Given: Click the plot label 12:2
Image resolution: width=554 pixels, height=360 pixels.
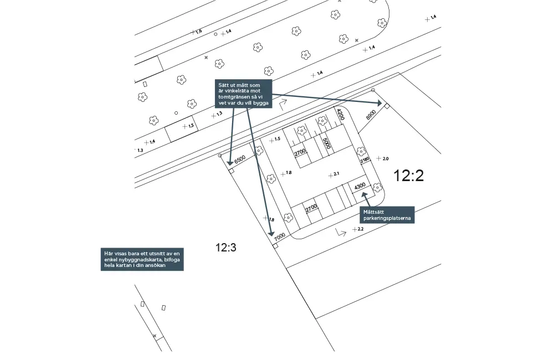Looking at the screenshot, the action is tap(408, 176).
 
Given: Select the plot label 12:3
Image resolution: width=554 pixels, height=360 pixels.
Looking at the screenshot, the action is tap(226, 248).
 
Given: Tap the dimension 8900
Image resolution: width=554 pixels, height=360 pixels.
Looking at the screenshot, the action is tap(371, 115).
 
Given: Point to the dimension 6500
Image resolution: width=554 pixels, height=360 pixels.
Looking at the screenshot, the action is tap(239, 160).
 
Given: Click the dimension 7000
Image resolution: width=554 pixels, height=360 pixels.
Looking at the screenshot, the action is tap(279, 236).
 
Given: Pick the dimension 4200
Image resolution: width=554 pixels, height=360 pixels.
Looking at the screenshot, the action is tap(341, 115).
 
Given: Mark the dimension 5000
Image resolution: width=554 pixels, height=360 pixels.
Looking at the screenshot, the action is tap(326, 143).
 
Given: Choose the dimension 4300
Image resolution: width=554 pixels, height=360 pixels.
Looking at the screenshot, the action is tap(360, 186).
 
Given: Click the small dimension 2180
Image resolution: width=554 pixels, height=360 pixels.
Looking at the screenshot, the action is tap(365, 160).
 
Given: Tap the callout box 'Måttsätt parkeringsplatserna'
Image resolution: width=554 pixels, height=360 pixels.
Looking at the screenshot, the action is tap(387, 215).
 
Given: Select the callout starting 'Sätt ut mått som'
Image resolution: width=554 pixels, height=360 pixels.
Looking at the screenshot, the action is tap(243, 94).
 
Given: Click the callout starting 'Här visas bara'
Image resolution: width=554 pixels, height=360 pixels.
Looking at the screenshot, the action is tap(142, 259).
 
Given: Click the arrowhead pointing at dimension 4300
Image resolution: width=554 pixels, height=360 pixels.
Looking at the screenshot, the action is tap(364, 194).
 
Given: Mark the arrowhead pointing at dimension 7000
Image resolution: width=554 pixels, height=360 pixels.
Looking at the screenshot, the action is tap(271, 233).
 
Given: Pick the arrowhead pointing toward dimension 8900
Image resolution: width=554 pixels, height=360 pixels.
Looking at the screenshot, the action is tap(379, 103).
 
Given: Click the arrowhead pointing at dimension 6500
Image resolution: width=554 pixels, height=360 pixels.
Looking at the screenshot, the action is tap(230, 162).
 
